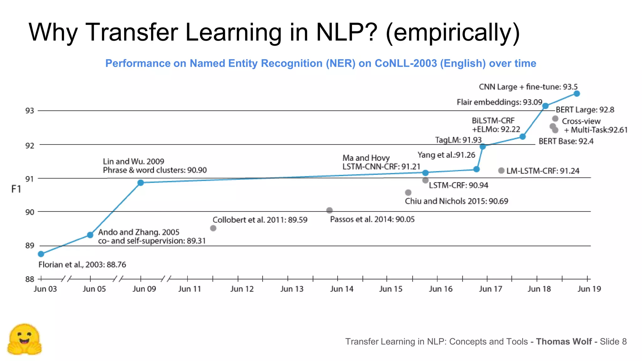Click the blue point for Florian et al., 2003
[41, 254]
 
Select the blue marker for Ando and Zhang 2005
[90, 235]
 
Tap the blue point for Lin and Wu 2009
[141, 183]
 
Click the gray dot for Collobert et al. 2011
[213, 228]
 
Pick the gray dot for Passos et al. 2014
[329, 210]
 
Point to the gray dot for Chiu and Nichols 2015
[408, 192]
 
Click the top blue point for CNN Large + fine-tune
[577, 93]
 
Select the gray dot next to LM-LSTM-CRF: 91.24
[501, 170]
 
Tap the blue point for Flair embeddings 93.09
[545, 106]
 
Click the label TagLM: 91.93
[458, 140]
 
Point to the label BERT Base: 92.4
[566, 141]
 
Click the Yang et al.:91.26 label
[446, 155]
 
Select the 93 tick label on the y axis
[29, 111]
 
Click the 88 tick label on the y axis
[29, 279]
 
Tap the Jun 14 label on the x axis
[341, 289]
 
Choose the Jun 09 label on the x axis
[144, 289]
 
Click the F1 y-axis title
[16, 189]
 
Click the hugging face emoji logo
[24, 340]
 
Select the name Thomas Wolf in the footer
[564, 342]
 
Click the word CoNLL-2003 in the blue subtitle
[406, 63]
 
